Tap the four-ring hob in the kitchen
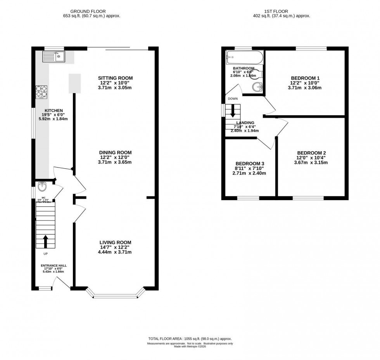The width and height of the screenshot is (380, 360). point(42,91)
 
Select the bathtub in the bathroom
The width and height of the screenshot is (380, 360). point(245,59)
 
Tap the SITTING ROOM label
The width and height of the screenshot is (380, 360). point(115,78)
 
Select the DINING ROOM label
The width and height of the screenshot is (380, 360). point(115,152)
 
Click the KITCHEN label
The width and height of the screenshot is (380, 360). point(54,110)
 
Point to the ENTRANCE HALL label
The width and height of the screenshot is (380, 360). point(54,266)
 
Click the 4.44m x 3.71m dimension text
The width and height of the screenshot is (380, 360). point(115,252)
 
